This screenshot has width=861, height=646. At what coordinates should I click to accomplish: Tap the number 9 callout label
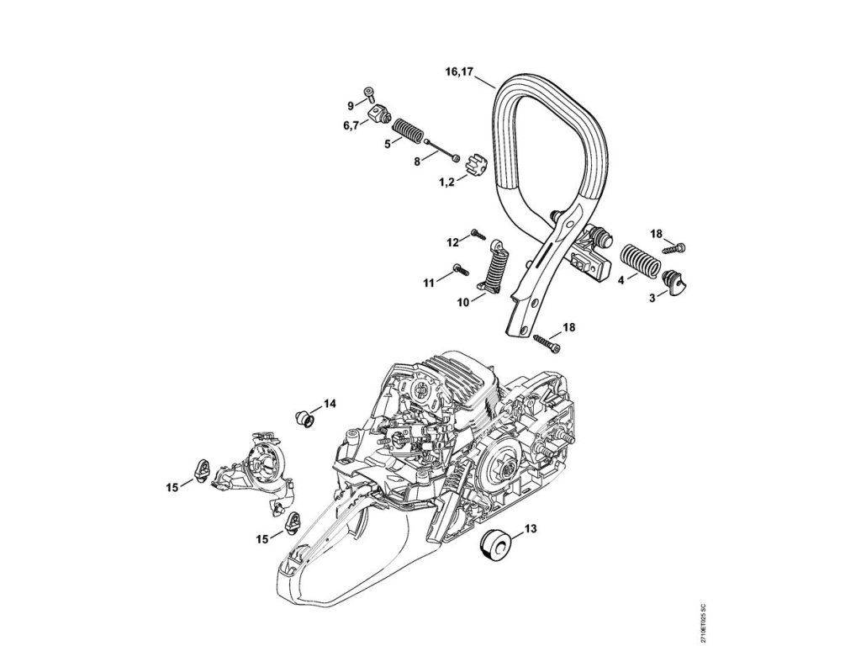click(351, 105)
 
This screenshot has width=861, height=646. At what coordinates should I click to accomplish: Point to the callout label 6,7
click(351, 125)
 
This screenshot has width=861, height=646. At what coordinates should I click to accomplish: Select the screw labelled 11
click(459, 269)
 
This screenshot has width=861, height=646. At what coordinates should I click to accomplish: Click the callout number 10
click(462, 302)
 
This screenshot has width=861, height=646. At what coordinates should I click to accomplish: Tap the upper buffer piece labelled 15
click(203, 468)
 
